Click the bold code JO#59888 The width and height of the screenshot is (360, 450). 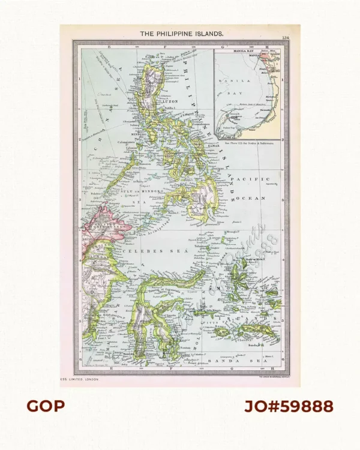289,406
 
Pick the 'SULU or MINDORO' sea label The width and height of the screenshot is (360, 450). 139,192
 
